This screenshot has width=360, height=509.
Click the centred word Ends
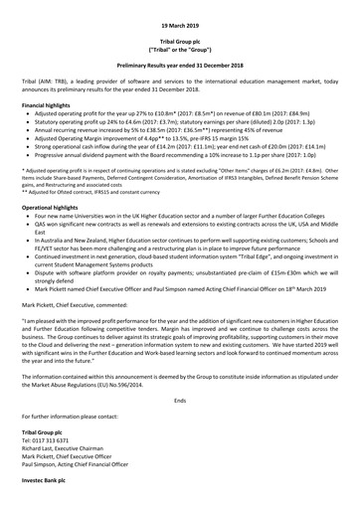tap(179, 425)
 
